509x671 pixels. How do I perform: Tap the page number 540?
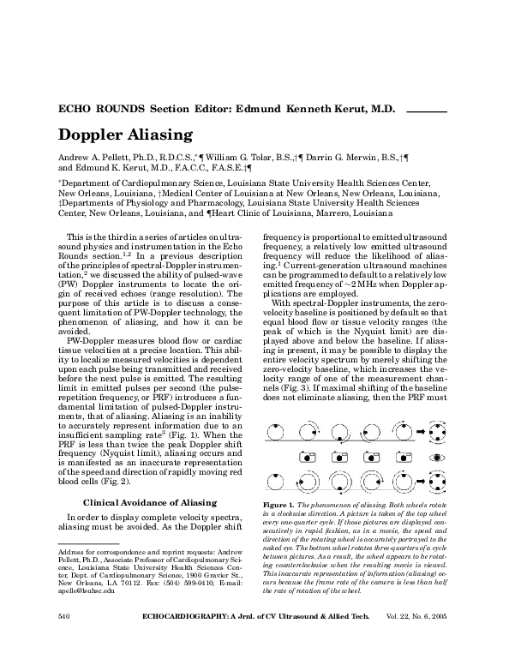(63, 640)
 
